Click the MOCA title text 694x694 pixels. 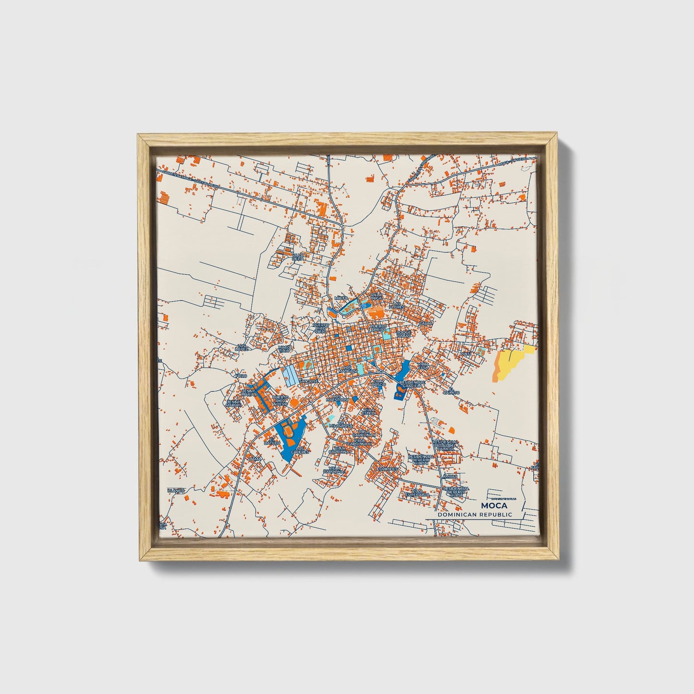(493, 505)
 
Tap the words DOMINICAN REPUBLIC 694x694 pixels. (475, 514)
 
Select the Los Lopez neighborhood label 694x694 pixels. (242, 347)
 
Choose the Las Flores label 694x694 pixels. (397, 304)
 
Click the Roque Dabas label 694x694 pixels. (403, 334)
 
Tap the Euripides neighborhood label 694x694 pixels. (387, 468)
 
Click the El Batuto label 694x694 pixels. (274, 440)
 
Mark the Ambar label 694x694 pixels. (450, 476)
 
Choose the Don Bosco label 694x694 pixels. (379, 383)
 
